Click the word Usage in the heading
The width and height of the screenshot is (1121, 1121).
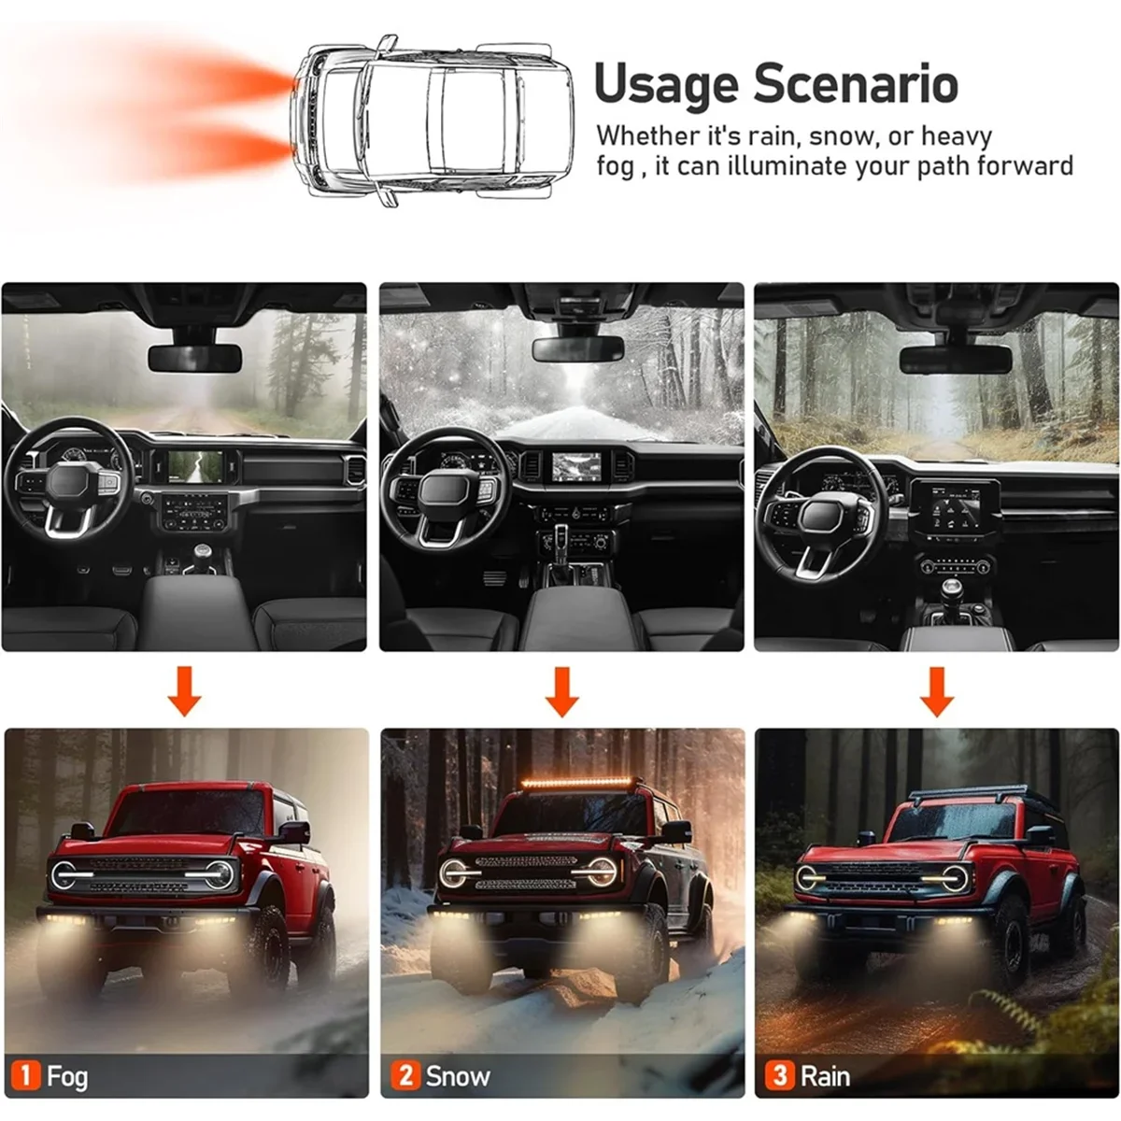click(666, 85)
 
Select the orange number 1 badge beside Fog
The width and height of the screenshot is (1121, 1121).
click(25, 1075)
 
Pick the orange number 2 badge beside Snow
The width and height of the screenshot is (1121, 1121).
click(404, 1075)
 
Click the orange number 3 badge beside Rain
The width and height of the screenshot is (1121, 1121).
click(780, 1075)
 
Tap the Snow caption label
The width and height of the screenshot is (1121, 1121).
click(457, 1076)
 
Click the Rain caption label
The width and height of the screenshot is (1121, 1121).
click(825, 1076)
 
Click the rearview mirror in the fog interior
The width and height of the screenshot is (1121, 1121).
click(194, 357)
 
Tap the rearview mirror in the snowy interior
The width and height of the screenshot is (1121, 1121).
click(577, 348)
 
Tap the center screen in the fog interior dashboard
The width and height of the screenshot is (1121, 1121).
click(202, 465)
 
